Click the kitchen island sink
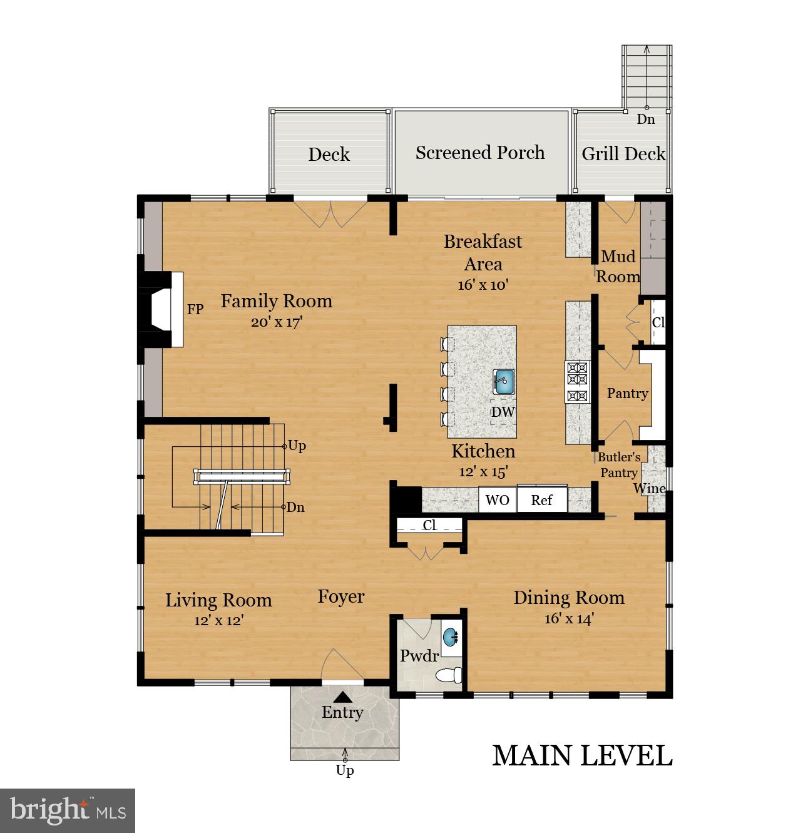(503, 381)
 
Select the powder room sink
(450, 637)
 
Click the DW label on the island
(503, 412)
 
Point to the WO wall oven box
(497, 499)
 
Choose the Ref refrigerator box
(541, 499)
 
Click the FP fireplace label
(195, 309)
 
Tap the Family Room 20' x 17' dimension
(277, 322)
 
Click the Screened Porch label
(480, 152)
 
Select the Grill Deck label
(623, 154)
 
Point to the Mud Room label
(618, 266)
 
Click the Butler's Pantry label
(618, 464)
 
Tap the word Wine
(650, 488)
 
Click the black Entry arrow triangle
(343, 698)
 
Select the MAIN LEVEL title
(582, 756)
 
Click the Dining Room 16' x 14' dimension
(568, 619)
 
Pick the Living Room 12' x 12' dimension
(219, 620)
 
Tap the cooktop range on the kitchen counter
(577, 382)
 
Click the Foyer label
(340, 597)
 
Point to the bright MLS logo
(68, 810)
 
